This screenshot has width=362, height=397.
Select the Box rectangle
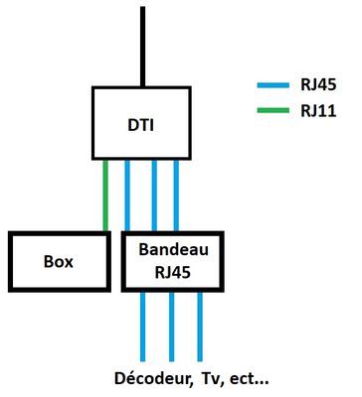58,263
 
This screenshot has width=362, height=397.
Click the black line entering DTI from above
143,45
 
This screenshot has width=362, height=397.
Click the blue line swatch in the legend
271,85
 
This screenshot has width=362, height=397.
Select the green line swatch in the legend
271,110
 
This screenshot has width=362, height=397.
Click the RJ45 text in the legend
318,85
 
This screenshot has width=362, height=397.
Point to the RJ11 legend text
318,110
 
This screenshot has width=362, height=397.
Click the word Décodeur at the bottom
151,378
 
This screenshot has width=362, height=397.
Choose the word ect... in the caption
249,378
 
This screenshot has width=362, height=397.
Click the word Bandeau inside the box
170,252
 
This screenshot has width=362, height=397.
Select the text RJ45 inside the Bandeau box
170,273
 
